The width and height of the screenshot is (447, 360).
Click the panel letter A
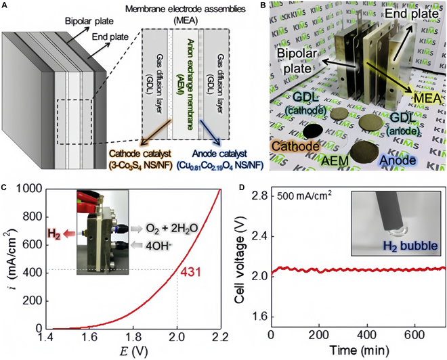(x=5, y=5)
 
